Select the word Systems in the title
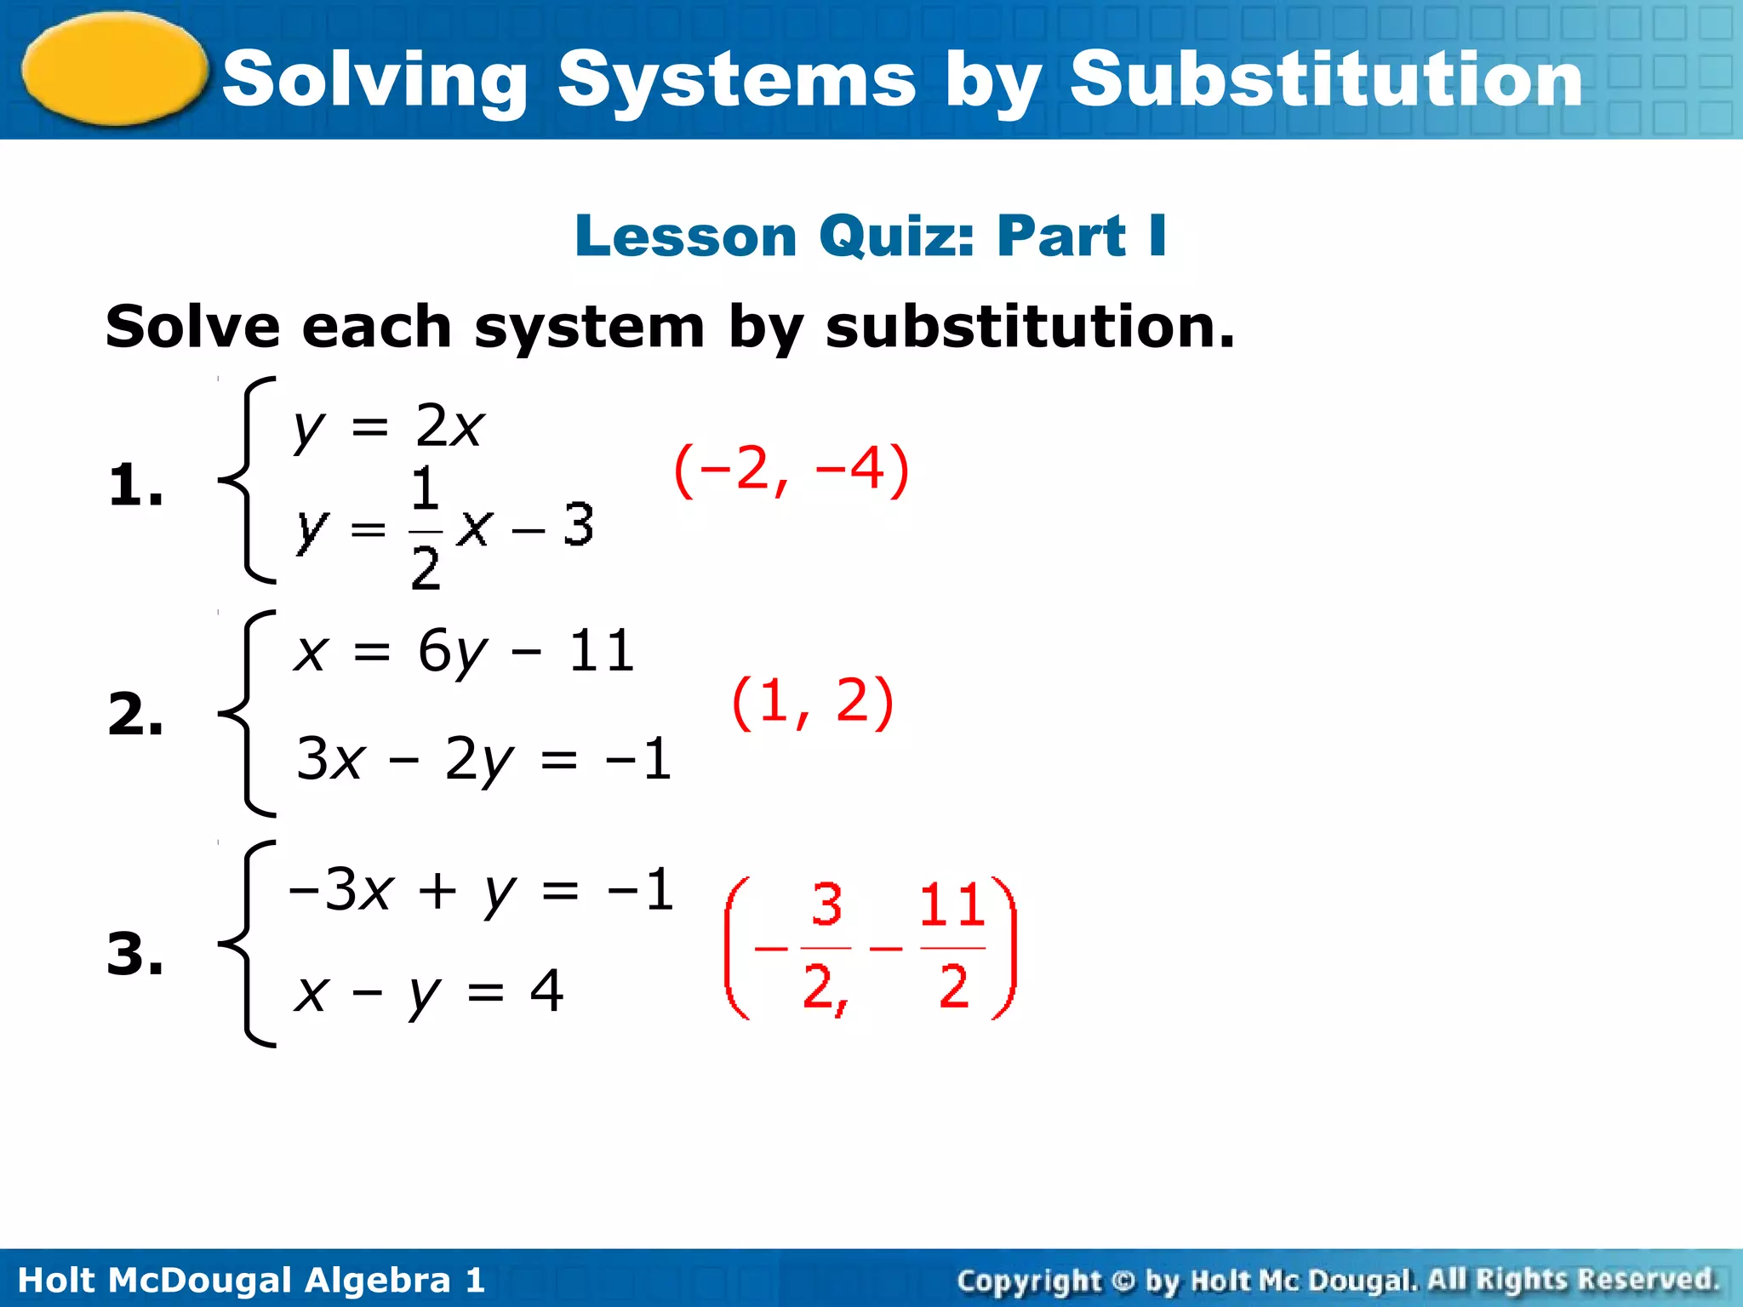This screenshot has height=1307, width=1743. point(736,82)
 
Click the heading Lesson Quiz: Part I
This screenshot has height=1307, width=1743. point(871,236)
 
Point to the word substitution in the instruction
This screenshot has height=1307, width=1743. point(1030,328)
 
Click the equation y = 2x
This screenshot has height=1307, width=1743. point(389,426)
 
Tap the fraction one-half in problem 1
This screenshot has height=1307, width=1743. point(426,528)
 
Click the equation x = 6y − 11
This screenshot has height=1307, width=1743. point(465,653)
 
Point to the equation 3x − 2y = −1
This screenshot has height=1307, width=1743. point(483,759)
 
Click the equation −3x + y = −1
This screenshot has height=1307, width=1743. point(482,891)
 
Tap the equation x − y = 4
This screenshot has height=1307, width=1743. point(428,992)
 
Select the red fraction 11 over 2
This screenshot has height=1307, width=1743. point(953,946)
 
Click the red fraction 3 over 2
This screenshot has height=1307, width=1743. point(826,946)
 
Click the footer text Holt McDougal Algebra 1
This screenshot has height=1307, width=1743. point(251,1280)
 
